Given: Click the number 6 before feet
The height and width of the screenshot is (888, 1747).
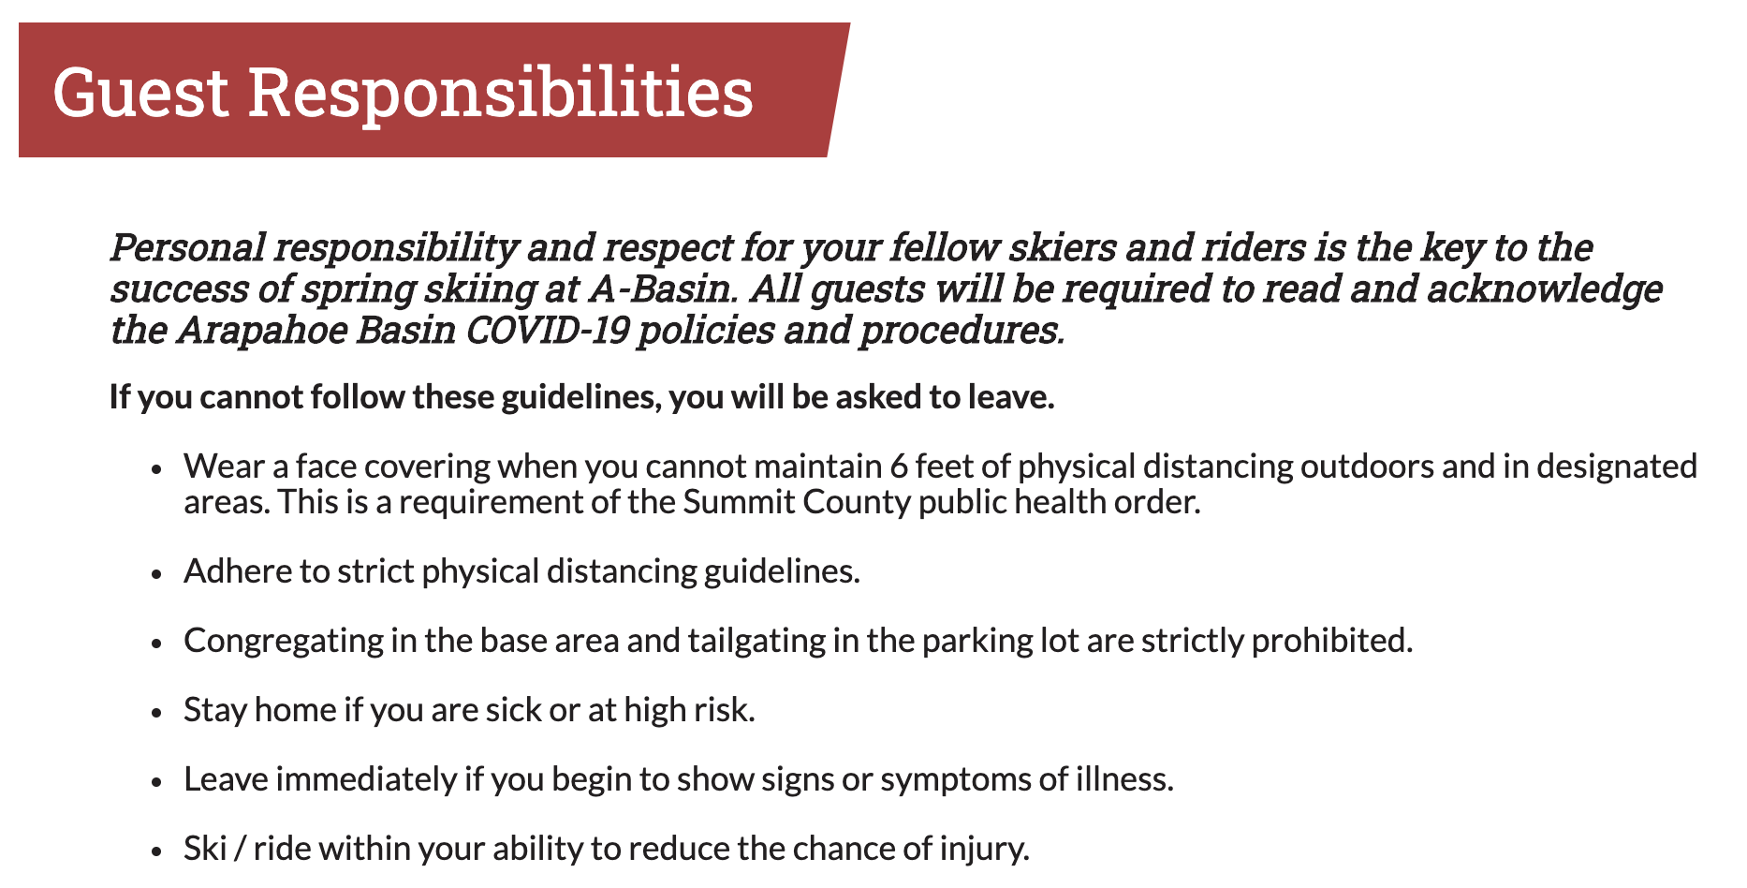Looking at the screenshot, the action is coord(898,466).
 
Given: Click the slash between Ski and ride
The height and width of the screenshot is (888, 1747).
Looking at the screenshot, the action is coord(240,849).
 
